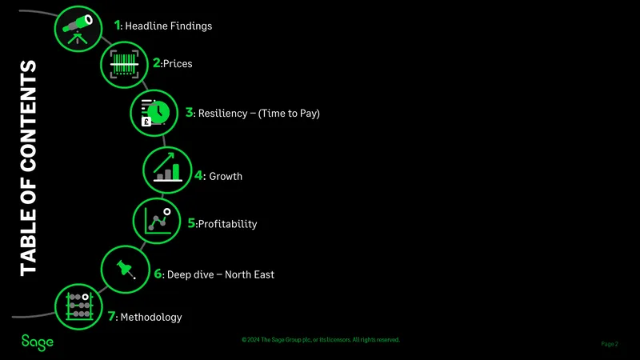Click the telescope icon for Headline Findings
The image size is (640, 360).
(x=78, y=29)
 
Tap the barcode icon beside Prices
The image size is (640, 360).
(x=124, y=65)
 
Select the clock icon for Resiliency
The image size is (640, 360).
(x=154, y=113)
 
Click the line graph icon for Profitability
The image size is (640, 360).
(x=158, y=221)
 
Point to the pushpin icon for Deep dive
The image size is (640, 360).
(x=126, y=270)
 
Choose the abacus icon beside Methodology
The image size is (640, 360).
(x=79, y=306)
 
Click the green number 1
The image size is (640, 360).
(x=117, y=26)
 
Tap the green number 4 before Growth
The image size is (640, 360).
(x=198, y=175)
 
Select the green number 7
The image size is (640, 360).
(x=111, y=316)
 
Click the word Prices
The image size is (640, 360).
(x=178, y=64)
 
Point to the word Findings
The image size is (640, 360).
(x=191, y=26)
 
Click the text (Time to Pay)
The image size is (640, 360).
(x=289, y=114)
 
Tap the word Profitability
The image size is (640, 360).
(x=227, y=224)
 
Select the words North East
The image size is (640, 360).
(x=250, y=274)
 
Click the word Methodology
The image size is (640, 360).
(x=151, y=317)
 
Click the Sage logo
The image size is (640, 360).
(x=37, y=342)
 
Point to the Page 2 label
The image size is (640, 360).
(x=610, y=344)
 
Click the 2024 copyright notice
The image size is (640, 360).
(x=321, y=339)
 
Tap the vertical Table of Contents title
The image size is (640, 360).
(x=29, y=168)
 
